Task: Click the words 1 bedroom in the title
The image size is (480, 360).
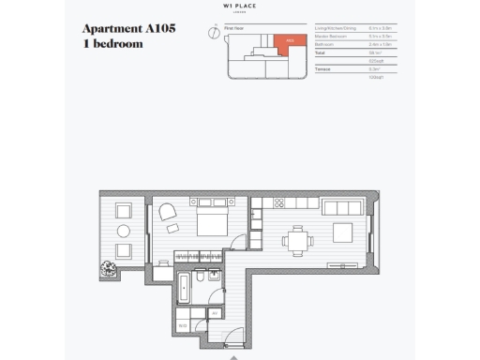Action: point(116,44)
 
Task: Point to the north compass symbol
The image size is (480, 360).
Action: point(214,31)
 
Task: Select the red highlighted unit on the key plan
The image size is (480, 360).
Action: point(288,42)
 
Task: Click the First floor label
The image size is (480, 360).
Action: point(234,29)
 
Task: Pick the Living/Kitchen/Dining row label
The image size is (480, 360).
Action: point(336,29)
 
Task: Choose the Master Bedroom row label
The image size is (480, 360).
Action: point(333,37)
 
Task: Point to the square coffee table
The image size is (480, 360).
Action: point(343,231)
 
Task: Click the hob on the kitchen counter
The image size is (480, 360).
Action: point(278,203)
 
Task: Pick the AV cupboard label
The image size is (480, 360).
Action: point(215,312)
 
